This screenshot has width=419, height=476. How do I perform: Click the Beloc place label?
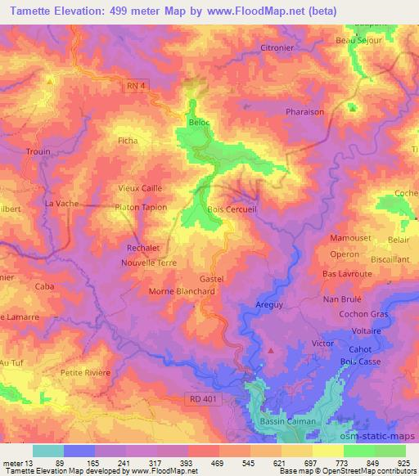coord(199,122)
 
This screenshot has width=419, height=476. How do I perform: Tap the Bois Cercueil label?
coord(233,209)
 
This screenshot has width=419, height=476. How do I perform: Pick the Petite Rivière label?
coord(85,373)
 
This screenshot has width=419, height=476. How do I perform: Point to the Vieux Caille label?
coord(141,187)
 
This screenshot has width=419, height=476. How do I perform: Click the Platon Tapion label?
coord(140,207)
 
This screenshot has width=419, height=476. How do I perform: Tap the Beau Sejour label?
coord(359,40)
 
